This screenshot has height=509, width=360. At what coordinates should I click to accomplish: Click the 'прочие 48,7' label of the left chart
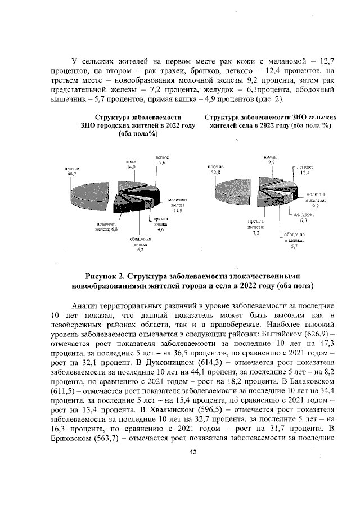click(71, 172)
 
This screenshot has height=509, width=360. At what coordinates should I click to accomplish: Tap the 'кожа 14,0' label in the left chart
click(131, 164)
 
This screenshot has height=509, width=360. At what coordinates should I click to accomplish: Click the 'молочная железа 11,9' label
click(178, 205)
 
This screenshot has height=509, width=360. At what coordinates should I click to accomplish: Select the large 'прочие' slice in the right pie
click(231, 194)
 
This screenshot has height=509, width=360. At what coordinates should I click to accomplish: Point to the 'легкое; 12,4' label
click(305, 170)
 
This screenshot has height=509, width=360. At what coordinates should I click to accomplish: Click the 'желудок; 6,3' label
click(303, 218)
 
